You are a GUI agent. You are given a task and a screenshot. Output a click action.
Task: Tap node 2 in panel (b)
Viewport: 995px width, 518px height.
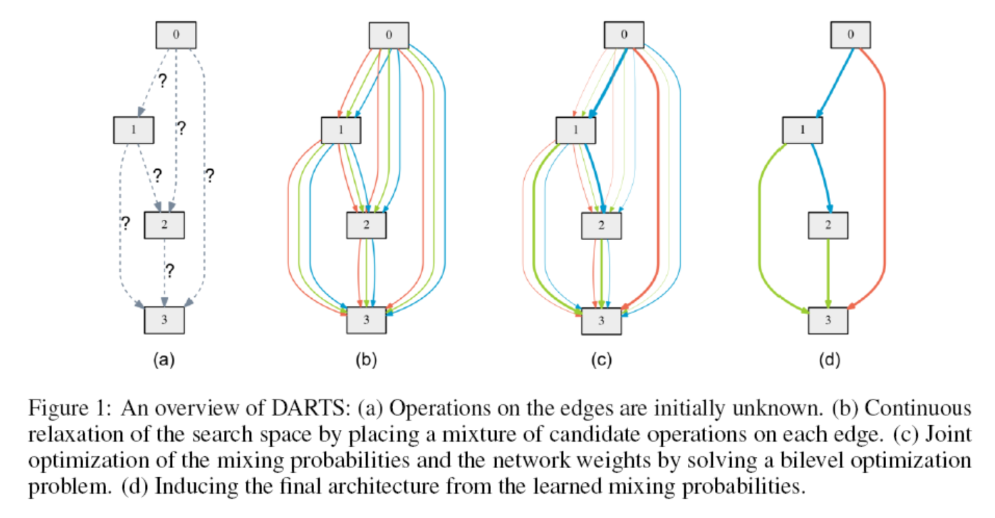365,225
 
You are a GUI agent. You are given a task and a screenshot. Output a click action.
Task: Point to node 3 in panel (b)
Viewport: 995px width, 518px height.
365,320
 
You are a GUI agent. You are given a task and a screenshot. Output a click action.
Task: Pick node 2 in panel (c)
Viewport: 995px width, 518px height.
601,225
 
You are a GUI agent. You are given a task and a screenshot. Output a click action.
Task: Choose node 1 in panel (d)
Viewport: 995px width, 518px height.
802,130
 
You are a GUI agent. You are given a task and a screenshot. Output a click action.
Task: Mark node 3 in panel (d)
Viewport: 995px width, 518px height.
828,320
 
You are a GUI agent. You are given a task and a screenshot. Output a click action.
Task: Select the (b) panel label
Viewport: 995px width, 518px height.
365,359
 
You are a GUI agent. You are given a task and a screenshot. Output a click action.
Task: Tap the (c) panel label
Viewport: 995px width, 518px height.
601,359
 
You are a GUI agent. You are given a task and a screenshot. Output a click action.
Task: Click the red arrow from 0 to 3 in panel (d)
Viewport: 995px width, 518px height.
885,173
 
